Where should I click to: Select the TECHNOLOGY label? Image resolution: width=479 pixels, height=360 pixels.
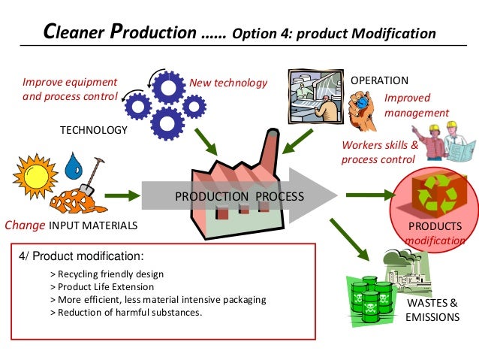pos(94,130)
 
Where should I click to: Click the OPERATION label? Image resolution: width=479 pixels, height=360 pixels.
pos(379,80)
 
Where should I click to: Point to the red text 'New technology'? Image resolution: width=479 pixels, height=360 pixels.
pos(228,83)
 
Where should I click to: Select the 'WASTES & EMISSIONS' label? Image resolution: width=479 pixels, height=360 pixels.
pos(432,310)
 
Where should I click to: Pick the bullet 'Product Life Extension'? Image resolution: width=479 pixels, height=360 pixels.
pos(101,286)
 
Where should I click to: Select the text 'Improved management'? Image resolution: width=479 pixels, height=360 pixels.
pos(416,106)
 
